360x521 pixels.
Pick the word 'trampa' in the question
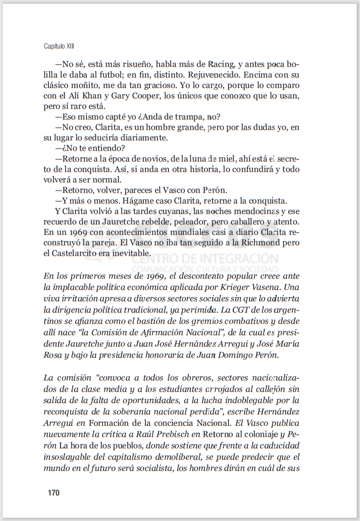[x=184, y=117]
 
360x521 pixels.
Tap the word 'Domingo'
[x=233, y=354]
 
